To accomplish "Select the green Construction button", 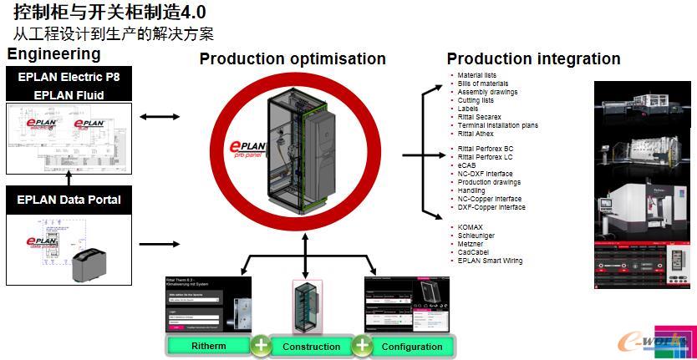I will click(311, 346).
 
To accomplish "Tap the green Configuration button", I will click(411, 346).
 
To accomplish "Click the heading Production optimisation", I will click(293, 59).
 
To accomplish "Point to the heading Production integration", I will click(533, 59).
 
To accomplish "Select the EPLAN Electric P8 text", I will click(69, 78).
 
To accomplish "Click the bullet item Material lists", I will click(476, 75).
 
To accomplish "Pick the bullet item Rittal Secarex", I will click(479, 117).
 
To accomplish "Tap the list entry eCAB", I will click(468, 165).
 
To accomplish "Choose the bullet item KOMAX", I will click(471, 227).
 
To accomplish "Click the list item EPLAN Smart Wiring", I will click(490, 261).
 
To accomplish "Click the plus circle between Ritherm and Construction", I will click(261, 345).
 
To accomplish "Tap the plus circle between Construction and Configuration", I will click(361, 345).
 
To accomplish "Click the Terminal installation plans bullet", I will click(497, 125).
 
